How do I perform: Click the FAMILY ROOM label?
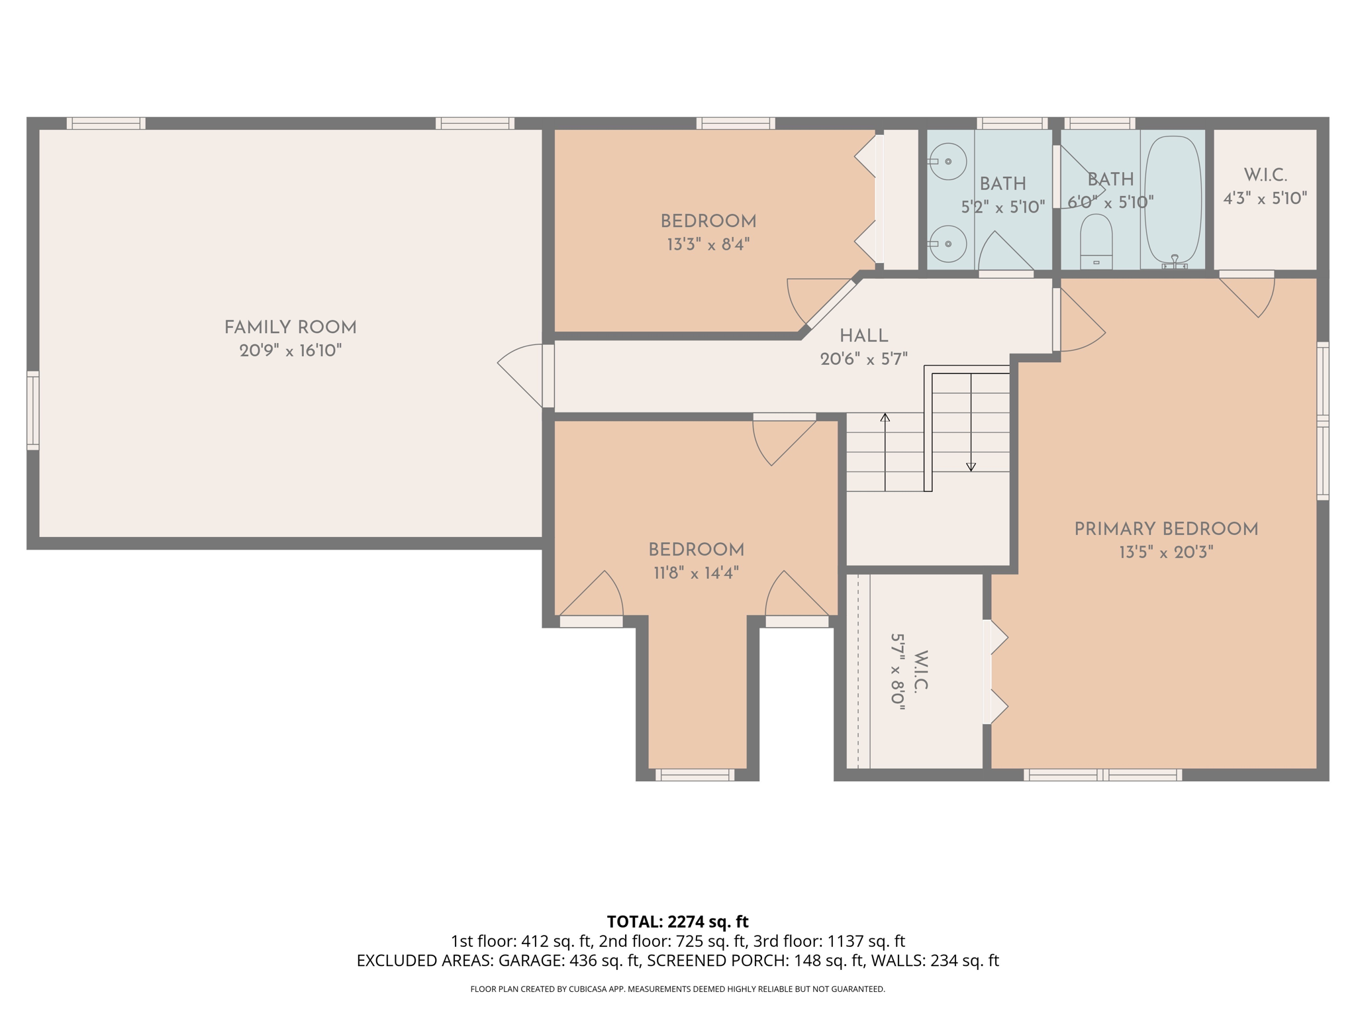click(x=290, y=327)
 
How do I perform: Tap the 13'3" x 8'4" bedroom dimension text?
click(x=708, y=244)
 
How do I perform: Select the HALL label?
click(x=863, y=336)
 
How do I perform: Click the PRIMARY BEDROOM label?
click(x=1165, y=529)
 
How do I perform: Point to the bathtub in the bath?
click(x=1173, y=200)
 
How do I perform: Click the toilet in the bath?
click(x=1096, y=240)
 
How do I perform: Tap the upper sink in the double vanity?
click(x=947, y=162)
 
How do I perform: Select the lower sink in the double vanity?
click(x=947, y=244)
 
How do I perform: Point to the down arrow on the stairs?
click(x=971, y=466)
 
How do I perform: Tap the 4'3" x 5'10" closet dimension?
click(x=1265, y=198)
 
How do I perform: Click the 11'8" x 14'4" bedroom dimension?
click(x=696, y=573)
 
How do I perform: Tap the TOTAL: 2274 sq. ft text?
click(x=677, y=922)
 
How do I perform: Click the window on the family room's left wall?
click(x=32, y=411)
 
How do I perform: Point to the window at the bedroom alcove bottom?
click(x=695, y=775)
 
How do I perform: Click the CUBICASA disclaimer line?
click(x=677, y=989)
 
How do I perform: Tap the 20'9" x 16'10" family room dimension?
click(x=290, y=350)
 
